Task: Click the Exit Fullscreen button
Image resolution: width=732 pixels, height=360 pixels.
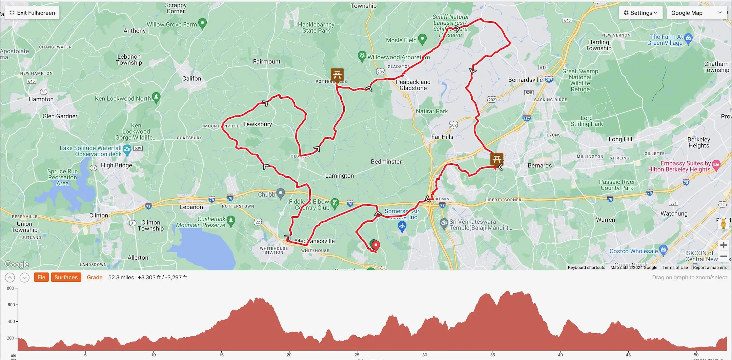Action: click(32, 13)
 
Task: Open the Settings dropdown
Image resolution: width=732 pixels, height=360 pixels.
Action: click(640, 13)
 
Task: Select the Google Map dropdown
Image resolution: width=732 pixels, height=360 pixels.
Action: click(696, 13)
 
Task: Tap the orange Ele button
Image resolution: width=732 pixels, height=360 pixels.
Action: click(41, 277)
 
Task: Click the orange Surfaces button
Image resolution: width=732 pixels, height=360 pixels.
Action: click(66, 277)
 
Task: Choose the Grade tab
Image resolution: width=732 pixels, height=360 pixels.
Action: click(95, 277)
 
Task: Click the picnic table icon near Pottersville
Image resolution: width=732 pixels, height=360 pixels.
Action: click(337, 75)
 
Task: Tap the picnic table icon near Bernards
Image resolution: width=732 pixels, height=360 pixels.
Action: click(496, 159)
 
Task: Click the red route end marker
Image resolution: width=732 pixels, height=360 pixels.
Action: click(376, 245)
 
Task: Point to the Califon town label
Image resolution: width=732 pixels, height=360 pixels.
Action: click(191, 78)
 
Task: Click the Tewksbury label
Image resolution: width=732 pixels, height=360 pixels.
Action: click(257, 124)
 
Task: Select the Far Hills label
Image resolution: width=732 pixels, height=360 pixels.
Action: click(442, 137)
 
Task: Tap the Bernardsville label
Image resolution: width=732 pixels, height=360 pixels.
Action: click(525, 80)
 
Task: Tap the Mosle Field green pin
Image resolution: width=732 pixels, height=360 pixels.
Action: click(422, 39)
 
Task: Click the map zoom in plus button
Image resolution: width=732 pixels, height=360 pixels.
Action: click(723, 245)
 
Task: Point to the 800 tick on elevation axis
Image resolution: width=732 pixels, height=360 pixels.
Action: click(11, 288)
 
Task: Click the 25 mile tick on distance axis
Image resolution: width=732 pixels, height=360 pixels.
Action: click(357, 355)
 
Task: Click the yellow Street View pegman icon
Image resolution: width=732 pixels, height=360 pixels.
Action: click(723, 224)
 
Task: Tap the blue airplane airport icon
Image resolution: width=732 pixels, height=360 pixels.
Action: click(402, 226)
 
